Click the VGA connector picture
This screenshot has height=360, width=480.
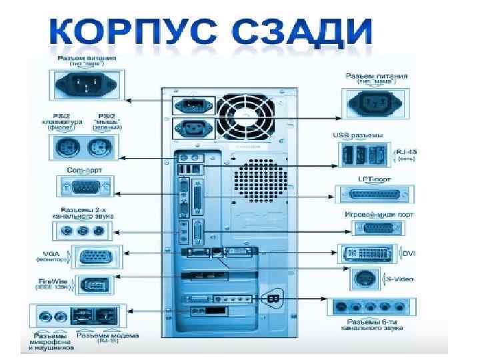coord(96,257)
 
